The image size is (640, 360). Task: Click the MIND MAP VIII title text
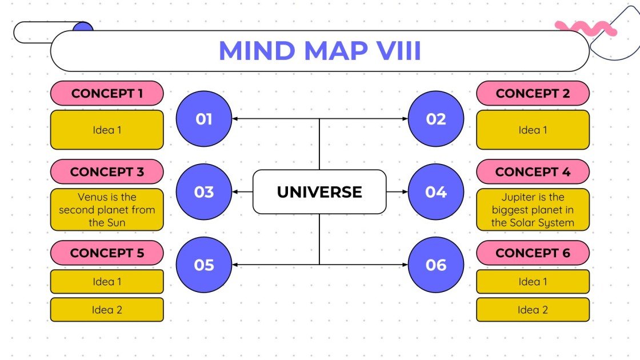coord(319,51)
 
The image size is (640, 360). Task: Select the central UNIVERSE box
coord(319,192)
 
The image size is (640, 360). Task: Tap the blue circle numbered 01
coord(204,119)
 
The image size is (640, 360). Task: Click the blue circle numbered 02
coord(436,119)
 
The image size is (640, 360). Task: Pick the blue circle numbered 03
coord(204,192)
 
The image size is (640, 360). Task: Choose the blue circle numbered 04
coord(436,192)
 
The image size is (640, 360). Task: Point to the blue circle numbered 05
coord(204,265)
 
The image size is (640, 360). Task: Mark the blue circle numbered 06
coord(436,265)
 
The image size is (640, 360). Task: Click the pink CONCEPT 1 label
coord(107,93)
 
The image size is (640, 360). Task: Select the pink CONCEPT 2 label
coord(533,93)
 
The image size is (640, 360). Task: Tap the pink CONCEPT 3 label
coord(107,171)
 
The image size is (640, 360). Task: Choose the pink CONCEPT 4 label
coord(533,171)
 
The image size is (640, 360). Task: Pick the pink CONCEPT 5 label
coord(107,253)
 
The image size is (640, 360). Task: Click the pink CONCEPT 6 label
coord(533,253)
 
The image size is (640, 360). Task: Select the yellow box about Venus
coord(107,210)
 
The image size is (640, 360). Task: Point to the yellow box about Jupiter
coord(533,210)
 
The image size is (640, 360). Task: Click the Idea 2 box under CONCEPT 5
coord(107,310)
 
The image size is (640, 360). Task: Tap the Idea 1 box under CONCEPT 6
coord(533,282)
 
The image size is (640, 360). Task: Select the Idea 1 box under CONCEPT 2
coord(533,130)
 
